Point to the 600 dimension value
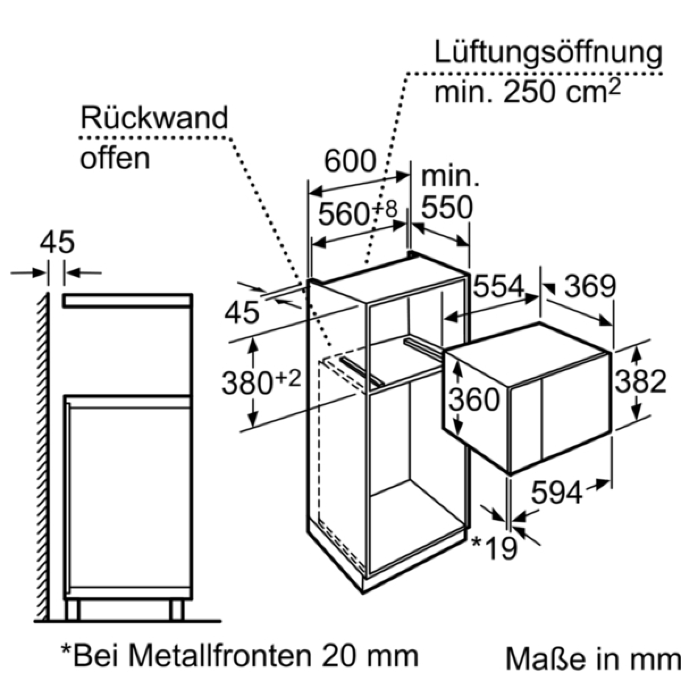click(x=350, y=161)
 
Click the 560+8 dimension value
click(x=358, y=213)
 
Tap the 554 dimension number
click(x=498, y=286)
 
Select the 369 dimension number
click(x=590, y=286)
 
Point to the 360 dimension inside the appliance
click(x=474, y=400)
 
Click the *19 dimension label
click(x=495, y=548)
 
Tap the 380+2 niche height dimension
click(x=261, y=382)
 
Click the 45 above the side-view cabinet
click(x=57, y=242)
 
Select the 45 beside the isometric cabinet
click(x=242, y=313)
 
